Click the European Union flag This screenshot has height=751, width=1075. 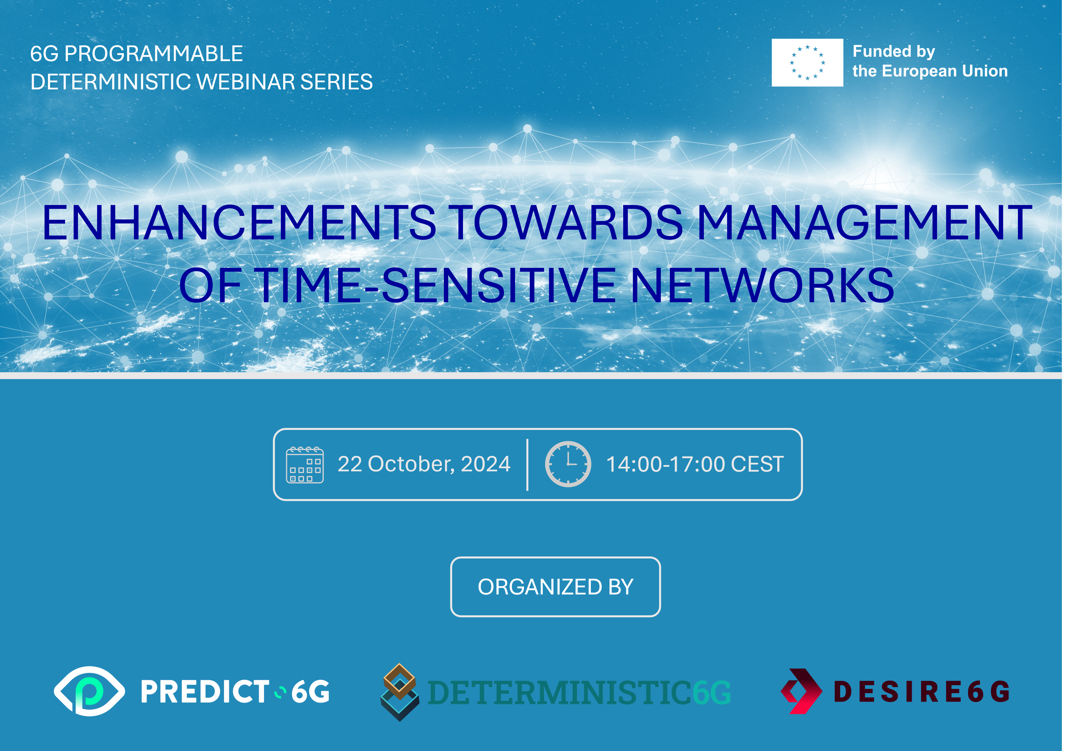pyautogui.click(x=807, y=62)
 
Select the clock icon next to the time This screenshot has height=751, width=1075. pyautogui.click(x=568, y=464)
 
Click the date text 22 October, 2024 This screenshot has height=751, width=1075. pyautogui.click(x=424, y=464)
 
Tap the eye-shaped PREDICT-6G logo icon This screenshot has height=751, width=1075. pyautogui.click(x=89, y=691)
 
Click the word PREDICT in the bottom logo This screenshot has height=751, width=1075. pyautogui.click(x=205, y=692)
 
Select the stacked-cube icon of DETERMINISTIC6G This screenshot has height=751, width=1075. pyautogui.click(x=399, y=692)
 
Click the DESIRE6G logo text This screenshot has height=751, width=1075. pyautogui.click(x=921, y=692)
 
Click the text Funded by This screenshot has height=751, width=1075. pyautogui.click(x=893, y=51)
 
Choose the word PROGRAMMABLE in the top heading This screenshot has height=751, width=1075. pyautogui.click(x=154, y=53)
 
